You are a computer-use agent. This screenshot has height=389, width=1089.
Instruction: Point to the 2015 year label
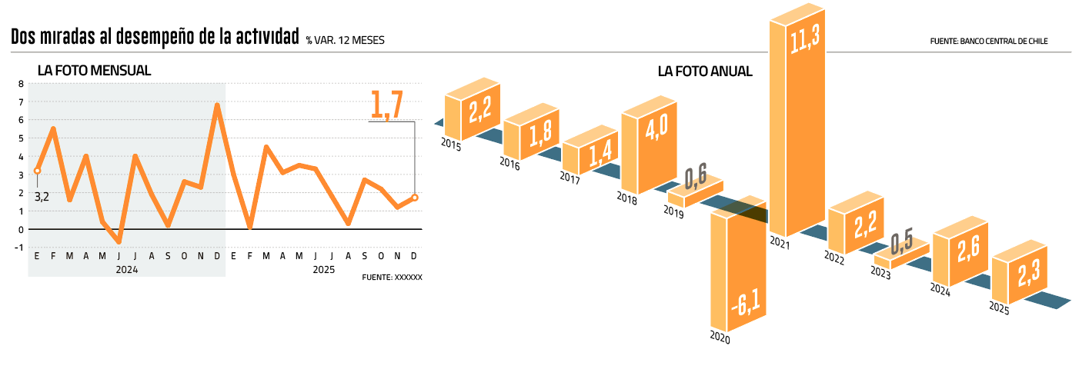coord(451,145)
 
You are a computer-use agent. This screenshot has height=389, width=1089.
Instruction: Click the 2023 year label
coord(881,273)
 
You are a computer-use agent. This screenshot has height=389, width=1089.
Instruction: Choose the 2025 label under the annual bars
coord(999,308)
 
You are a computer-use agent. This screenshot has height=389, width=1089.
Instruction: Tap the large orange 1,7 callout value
coord(386,105)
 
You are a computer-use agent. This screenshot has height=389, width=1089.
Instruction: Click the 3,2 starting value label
coord(42,198)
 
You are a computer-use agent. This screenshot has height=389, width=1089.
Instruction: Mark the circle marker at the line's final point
coord(415,198)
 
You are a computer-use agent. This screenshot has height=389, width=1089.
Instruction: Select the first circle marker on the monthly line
coord(37,171)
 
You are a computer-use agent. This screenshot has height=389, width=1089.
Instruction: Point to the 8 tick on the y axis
coord(21,84)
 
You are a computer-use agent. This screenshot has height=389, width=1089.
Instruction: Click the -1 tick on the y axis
coord(19,248)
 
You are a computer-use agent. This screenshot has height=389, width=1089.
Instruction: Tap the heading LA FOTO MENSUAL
coord(94,71)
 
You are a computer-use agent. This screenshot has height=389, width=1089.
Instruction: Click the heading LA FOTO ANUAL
coord(704,71)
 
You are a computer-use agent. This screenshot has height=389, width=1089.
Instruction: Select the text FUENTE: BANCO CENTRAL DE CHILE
coord(989,42)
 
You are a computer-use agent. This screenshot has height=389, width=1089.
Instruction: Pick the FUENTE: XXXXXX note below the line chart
coord(392,277)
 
